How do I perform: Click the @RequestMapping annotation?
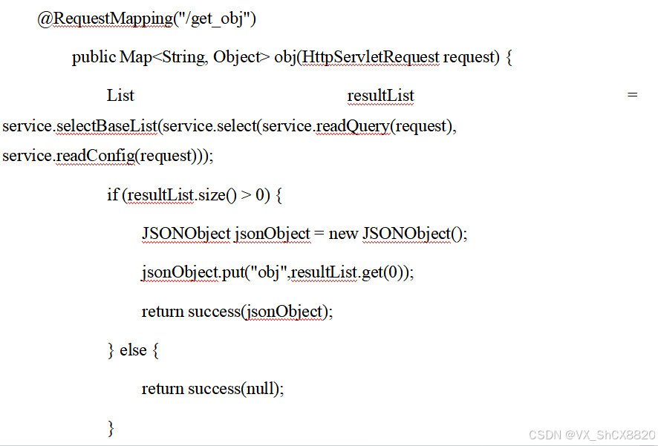pos(105,19)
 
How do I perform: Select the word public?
pos(94,57)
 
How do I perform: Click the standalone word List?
pos(120,96)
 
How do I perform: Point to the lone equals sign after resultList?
pos(632,96)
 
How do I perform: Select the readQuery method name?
pos(352,126)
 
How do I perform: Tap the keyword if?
pos(112,195)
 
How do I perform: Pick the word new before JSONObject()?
pos(343,234)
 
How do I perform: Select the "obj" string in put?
pos(269,272)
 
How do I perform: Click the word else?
pos(133,350)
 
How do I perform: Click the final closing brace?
pos(111,427)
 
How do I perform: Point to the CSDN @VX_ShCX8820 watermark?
pos(592,435)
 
